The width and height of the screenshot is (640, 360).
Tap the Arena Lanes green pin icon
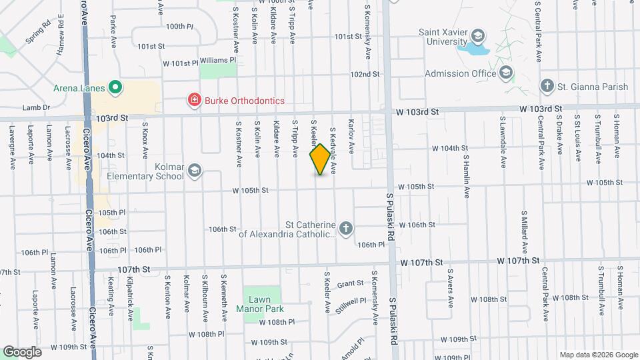point(115,87)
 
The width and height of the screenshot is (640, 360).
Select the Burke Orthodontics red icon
point(194,101)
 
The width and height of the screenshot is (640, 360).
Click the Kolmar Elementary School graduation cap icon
point(194,171)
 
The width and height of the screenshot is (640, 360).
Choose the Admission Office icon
point(506,73)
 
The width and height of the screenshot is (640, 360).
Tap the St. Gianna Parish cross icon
point(547,86)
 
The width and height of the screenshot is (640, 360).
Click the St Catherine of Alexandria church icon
point(345,229)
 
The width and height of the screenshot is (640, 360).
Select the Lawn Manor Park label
point(260,304)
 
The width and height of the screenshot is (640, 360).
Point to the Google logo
point(22,351)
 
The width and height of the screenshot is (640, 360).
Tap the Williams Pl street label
point(219,60)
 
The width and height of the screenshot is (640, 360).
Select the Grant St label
point(349,284)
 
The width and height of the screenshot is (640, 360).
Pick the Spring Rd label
point(39,35)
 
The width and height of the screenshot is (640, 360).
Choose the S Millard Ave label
point(525,228)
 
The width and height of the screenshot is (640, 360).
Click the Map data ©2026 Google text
point(597,355)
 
